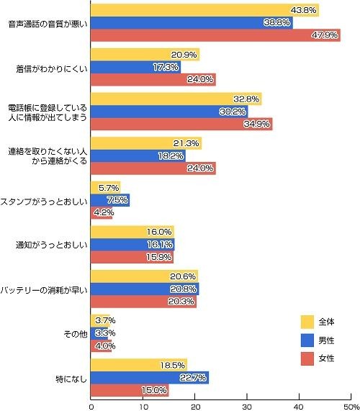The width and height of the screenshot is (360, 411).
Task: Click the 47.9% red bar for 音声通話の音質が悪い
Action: pos(215,36)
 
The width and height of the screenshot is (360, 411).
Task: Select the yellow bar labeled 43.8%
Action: pos(204,10)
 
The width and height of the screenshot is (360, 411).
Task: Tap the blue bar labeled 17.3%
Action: pos(135,67)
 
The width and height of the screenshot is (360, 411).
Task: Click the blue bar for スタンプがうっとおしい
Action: pos(110,199)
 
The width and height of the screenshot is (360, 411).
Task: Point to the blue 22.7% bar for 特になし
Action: pos(150,376)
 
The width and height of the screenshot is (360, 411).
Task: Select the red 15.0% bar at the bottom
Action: pos(130,389)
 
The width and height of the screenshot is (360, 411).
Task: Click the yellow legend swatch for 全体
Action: pos(307,321)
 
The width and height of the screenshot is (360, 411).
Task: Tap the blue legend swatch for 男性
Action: pos(307,339)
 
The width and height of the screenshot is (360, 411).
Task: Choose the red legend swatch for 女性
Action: pos(307,358)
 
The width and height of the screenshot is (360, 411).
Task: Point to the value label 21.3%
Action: pos(186,143)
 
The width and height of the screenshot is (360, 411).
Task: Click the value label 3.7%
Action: pos(104,320)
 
